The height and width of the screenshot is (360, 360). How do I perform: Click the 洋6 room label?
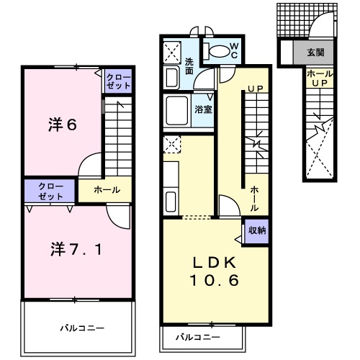point(63,125)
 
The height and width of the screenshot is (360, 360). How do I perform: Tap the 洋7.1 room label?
point(76,249)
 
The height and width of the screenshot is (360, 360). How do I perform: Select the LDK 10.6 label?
point(215,271)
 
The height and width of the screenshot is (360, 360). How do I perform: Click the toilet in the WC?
point(217,51)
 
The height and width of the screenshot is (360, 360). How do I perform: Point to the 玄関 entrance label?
point(315,52)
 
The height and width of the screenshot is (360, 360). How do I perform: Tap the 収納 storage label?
point(257,230)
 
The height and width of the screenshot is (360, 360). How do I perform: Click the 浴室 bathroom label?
point(203,109)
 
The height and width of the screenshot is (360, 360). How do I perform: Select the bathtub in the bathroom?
point(177,110)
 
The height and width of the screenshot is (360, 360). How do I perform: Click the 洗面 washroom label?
point(189,66)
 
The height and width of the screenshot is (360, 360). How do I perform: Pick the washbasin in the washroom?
point(171,77)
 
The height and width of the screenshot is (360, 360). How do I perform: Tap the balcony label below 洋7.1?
point(82,328)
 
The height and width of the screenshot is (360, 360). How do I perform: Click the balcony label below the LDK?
point(198,338)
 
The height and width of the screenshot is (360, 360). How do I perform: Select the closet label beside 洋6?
point(118,81)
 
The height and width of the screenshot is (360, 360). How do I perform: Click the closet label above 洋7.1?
point(50,191)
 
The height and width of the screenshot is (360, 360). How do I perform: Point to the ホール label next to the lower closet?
point(107,190)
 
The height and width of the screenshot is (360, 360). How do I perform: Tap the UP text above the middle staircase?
point(255,89)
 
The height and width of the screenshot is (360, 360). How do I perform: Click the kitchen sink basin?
point(171,202)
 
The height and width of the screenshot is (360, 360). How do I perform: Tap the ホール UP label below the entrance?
point(320,78)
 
